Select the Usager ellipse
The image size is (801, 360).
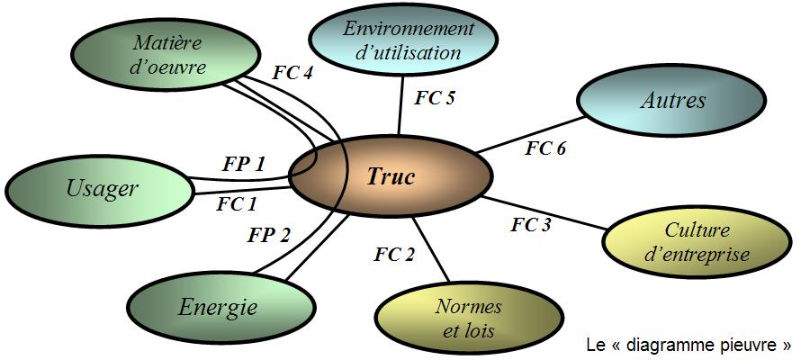click(101, 188)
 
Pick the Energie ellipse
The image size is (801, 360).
click(218, 308)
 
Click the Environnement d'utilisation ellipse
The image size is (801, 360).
click(408, 40)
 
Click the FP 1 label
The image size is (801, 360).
click(244, 164)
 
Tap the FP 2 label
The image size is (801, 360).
click(269, 236)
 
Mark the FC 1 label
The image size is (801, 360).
click(237, 204)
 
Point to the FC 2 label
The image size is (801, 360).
click(394, 254)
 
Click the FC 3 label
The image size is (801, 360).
click(531, 225)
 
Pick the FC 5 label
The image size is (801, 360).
click(435, 98)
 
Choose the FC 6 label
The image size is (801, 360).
click(545, 148)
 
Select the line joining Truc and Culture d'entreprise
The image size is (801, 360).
click(549, 212)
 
